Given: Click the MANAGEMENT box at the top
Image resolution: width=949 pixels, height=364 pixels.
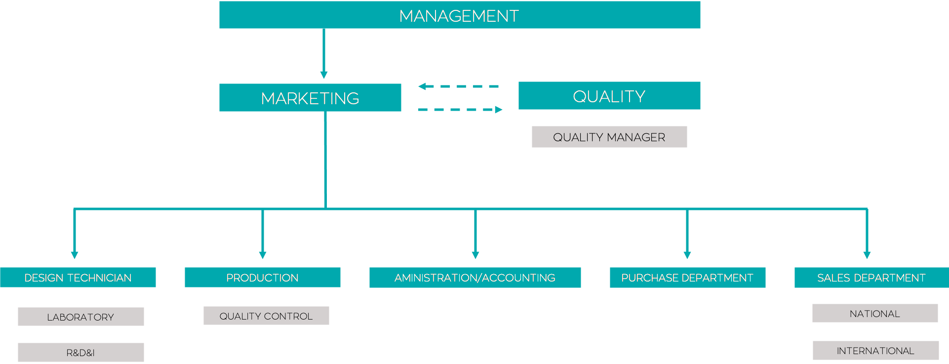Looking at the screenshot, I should (x=459, y=15).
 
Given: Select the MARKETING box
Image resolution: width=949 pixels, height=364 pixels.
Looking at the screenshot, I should (x=310, y=98).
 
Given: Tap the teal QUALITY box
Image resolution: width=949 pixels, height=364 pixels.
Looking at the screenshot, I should (x=609, y=96).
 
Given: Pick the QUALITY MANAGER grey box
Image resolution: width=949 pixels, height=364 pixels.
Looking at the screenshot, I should (x=609, y=137).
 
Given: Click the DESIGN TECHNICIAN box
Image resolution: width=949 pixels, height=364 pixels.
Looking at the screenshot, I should (x=78, y=278).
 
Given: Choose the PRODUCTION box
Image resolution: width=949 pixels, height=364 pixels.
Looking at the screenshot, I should (x=262, y=278).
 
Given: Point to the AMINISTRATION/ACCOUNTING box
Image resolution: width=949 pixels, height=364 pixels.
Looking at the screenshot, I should (x=475, y=278).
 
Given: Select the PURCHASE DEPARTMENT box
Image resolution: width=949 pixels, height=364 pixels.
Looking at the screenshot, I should (x=687, y=278).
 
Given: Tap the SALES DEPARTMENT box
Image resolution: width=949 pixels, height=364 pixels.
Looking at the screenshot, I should (x=871, y=278).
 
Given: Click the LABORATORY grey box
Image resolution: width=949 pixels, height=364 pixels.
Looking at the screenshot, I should (x=80, y=317).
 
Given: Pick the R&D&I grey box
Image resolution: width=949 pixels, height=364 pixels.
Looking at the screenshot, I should (x=80, y=352).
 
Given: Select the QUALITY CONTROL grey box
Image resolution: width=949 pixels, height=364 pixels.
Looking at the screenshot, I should (x=266, y=316).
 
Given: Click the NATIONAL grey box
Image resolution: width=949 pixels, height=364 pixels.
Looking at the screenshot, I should (x=874, y=313).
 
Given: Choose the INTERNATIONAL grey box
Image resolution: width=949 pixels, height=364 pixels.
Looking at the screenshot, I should (x=875, y=350).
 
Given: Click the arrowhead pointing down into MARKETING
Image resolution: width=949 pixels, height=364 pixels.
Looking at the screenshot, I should (x=324, y=75).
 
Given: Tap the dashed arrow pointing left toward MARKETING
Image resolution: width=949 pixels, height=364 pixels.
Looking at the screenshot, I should (x=458, y=86).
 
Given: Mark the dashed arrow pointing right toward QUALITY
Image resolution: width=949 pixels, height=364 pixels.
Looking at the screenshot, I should (x=460, y=110).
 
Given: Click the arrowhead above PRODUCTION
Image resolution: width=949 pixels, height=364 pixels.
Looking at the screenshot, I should (x=263, y=255).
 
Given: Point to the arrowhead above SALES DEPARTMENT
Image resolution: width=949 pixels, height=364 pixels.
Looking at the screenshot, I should (x=867, y=255).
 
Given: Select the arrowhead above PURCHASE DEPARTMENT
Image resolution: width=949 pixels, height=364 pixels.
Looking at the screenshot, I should (x=687, y=255).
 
